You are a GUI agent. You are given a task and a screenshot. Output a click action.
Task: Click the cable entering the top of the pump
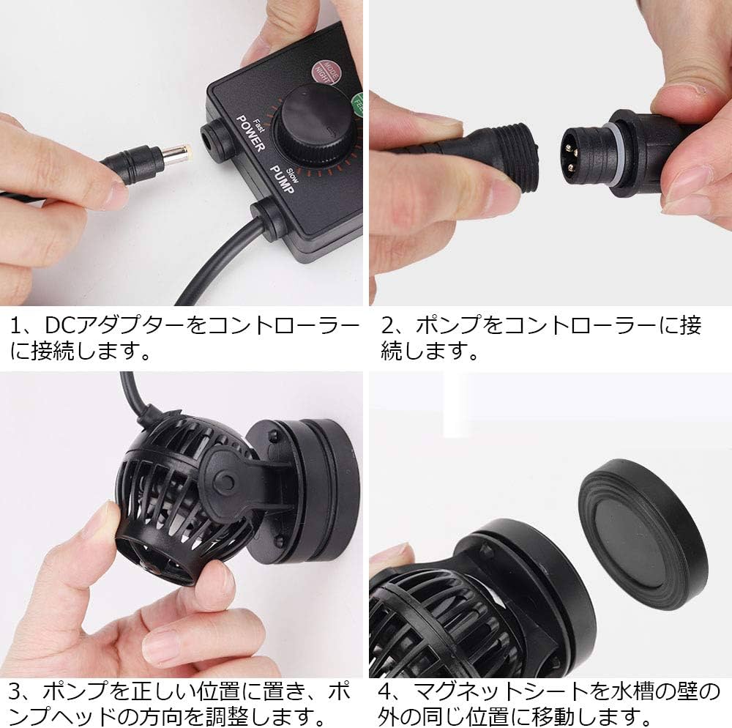[132, 392]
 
